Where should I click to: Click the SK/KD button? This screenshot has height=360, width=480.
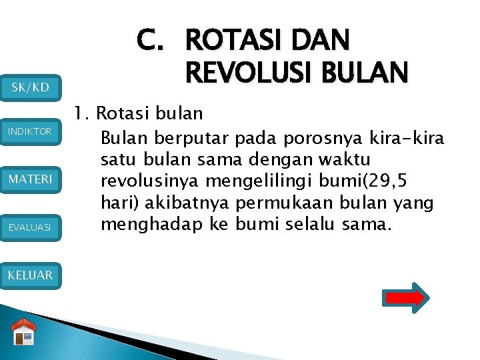click(31, 87)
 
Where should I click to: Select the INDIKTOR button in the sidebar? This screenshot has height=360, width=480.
click(31, 131)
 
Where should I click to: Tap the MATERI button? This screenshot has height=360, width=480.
click(31, 179)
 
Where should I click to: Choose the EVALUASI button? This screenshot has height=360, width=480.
click(31, 227)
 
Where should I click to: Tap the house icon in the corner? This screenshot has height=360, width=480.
click(24, 333)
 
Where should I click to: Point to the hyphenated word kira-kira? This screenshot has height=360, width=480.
click(406, 138)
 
